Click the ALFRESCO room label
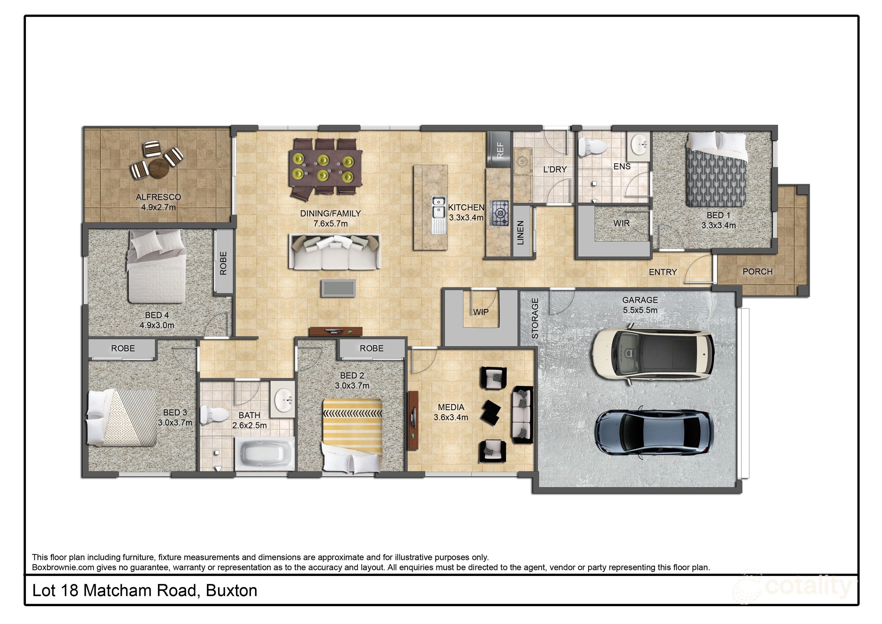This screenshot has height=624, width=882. click(158, 197)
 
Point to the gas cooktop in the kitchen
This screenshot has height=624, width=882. click(499, 213)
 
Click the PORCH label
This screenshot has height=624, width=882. click(757, 272)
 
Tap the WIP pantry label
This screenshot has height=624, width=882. click(481, 312)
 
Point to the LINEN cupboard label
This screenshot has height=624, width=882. click(521, 233)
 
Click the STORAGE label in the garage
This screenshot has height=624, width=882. click(535, 318)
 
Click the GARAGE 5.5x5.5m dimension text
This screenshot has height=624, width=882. click(640, 310)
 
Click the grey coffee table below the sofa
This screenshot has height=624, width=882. click(338, 288)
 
